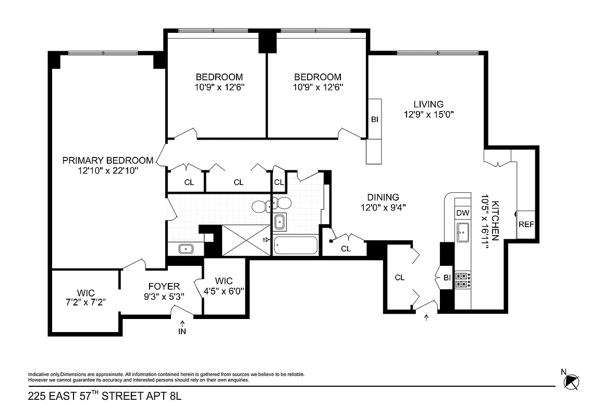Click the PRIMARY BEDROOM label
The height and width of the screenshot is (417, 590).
pos(108,161)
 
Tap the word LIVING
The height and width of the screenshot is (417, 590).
pos(428,104)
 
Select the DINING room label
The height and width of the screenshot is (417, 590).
pos(383,197)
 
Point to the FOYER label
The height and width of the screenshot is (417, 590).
pos(164,286)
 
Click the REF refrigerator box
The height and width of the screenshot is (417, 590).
pos(526,225)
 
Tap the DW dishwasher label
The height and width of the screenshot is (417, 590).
pos(462,213)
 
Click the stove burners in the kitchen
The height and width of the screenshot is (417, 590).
pos(462,280)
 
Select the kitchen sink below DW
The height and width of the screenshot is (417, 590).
pos(462,232)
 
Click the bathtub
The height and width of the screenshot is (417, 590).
pos(296,246)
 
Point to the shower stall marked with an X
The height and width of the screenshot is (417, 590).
pos(246,240)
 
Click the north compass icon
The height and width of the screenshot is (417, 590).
pos(572,382)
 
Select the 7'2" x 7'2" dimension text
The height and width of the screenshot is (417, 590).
pos(86,303)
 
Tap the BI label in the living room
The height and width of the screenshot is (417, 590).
pos(374,119)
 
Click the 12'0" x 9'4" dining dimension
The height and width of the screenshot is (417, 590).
pos(383,207)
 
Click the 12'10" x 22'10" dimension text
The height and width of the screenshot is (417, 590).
pos(108,170)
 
